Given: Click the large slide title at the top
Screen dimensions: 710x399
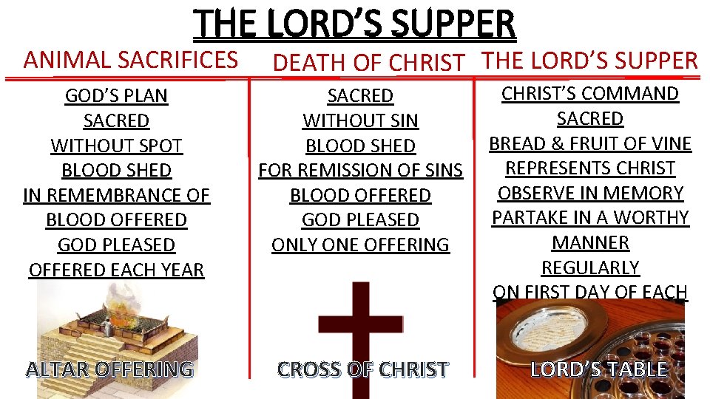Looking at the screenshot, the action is (355, 24).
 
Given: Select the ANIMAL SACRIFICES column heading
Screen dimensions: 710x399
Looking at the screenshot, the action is (130, 59).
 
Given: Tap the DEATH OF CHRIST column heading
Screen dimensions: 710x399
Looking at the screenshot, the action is (368, 64).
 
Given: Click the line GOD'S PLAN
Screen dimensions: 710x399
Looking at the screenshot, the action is (116, 96).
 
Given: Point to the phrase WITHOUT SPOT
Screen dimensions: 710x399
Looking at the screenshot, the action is (116, 146).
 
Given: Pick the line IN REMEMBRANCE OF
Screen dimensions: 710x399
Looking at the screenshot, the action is (116, 195).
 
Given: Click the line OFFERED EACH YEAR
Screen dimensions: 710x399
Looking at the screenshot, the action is (116, 270).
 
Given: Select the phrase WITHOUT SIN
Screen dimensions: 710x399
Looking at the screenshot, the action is (360, 120).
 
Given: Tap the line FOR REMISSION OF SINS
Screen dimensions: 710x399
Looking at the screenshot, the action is (360, 171).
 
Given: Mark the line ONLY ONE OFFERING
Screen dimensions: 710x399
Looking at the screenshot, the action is (360, 245).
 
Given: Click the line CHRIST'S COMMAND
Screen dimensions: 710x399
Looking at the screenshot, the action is (590, 94).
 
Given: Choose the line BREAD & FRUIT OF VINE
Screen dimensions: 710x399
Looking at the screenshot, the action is (590, 143).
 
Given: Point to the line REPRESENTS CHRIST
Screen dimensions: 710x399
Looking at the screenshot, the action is (590, 168).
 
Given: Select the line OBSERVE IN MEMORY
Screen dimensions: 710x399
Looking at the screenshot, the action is (590, 193).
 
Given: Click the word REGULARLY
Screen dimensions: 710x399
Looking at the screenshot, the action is (590, 267).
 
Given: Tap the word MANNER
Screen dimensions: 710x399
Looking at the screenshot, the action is (590, 242).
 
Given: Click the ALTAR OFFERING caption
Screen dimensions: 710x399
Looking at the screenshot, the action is (109, 368).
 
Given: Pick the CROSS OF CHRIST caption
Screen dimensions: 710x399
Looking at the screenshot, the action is (362, 369).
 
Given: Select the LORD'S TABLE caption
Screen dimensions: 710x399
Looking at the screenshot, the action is (599, 369).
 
